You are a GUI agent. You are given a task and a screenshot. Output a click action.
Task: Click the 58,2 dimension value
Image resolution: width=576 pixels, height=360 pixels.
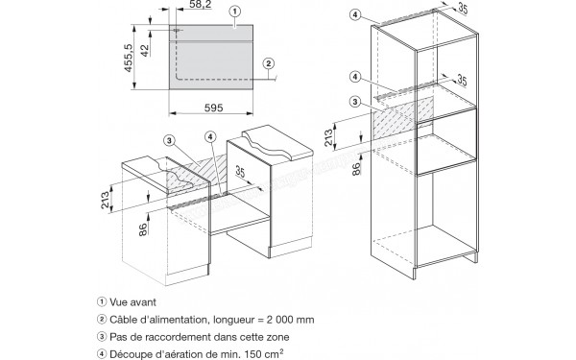[201, 5]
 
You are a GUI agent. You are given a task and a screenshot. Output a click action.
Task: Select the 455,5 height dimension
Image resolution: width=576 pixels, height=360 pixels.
[128, 58]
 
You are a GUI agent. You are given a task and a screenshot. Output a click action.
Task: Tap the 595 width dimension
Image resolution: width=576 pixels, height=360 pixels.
[213, 108]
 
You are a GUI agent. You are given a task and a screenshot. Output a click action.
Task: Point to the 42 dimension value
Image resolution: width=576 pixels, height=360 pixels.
[145, 50]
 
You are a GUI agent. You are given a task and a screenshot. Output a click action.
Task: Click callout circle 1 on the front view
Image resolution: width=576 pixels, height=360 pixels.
[235, 12]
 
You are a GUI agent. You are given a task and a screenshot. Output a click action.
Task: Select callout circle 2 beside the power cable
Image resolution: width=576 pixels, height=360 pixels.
[269, 63]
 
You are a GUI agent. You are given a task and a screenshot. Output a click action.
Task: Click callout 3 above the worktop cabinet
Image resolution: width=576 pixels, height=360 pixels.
[169, 140]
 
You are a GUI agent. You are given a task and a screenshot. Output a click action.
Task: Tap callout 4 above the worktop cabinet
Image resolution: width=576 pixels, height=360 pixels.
[210, 137]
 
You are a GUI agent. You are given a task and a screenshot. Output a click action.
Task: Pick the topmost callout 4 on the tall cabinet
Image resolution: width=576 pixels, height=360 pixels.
[354, 14]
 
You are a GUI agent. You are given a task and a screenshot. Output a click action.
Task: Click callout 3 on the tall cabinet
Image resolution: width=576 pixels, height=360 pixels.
[354, 102]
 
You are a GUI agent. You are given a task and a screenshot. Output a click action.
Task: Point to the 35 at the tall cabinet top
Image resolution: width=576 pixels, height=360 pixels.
[463, 8]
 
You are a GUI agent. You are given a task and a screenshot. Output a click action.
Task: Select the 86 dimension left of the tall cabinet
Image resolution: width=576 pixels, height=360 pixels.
[356, 169]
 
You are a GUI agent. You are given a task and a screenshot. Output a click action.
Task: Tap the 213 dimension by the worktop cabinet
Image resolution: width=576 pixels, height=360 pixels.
[106, 200]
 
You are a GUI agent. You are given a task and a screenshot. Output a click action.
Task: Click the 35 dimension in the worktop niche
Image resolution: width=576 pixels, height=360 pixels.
[240, 172]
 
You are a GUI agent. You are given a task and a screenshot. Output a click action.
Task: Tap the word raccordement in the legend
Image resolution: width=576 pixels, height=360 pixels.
[183, 337]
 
